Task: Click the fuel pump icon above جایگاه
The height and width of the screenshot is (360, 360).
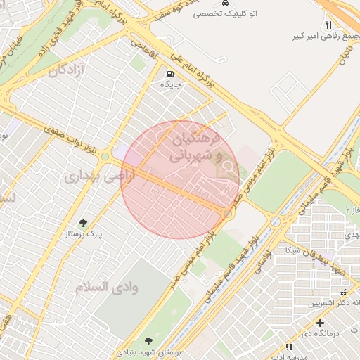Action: pos(171,75)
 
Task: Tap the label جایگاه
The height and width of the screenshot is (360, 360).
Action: pos(171,85)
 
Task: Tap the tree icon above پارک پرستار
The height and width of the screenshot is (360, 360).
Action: pos(83,222)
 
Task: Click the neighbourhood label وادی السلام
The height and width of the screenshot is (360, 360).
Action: pos(105,286)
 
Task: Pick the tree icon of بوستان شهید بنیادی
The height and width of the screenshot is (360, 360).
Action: pos(147,340)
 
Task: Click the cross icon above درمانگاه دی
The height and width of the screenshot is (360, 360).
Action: pos(320,323)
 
